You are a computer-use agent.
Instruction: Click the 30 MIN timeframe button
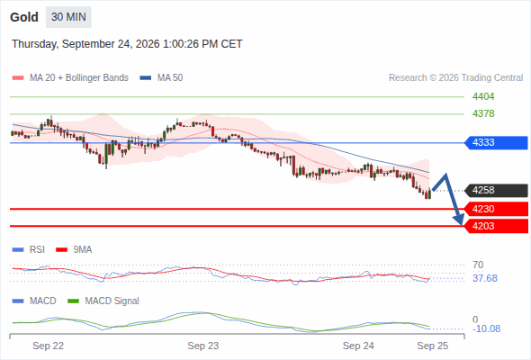point(68,17)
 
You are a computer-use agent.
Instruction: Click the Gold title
point(24,17)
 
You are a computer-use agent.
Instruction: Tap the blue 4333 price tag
point(496,142)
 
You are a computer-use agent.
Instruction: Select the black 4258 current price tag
point(496,190)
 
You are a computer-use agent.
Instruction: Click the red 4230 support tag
point(496,209)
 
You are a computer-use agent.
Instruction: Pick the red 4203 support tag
point(496,226)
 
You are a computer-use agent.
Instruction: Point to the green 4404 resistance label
point(483,97)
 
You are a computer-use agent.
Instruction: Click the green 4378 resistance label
point(483,113)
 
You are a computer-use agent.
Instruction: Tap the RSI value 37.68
point(485,278)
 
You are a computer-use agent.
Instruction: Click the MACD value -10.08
point(486,328)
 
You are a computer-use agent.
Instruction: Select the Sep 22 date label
point(48,346)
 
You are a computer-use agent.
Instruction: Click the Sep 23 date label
point(203,346)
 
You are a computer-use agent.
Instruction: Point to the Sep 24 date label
point(358,346)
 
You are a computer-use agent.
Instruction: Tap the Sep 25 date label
point(433,346)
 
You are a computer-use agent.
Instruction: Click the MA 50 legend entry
point(161,78)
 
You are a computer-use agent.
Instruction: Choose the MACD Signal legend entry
point(103,301)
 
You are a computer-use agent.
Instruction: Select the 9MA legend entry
point(74,249)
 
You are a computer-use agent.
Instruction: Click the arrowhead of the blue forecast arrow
point(460,220)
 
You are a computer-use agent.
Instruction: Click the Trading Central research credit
point(455,78)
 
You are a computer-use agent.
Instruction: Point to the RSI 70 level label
point(478,265)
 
